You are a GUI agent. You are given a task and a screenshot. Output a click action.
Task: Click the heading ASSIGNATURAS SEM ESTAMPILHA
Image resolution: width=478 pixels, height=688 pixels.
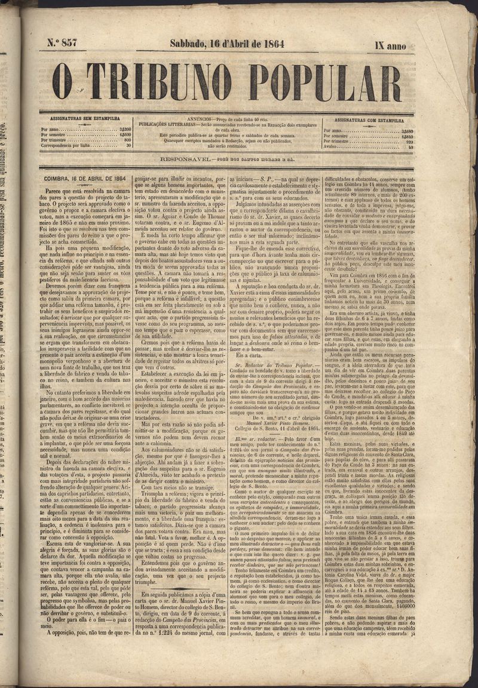tap(85, 120)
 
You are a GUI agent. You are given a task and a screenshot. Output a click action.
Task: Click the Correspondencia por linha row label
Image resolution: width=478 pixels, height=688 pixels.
tap(65, 145)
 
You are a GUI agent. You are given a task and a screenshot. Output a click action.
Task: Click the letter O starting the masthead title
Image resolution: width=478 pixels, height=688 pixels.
tap(62, 82)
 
